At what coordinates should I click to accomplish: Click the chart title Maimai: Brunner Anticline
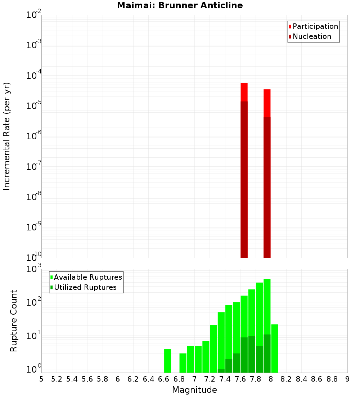(180, 5)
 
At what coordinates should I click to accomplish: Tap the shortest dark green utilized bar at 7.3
(221, 371)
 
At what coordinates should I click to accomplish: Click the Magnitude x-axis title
(194, 390)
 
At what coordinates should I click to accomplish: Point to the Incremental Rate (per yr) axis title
(7, 136)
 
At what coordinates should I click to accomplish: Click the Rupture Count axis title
(14, 321)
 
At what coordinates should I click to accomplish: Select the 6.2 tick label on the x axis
(133, 379)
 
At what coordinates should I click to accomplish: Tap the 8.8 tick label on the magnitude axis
(332, 379)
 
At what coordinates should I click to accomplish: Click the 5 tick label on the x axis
(41, 379)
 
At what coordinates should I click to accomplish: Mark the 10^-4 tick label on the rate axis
(34, 76)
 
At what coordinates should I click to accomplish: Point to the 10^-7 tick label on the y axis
(34, 167)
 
